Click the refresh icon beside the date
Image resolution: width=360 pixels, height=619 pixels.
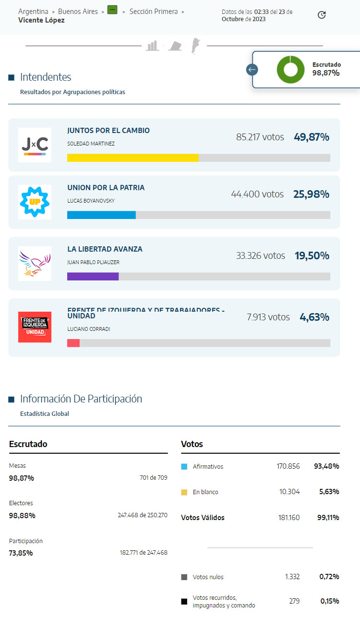pyautogui.click(x=322, y=15)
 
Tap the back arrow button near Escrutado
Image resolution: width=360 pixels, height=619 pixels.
pyautogui.click(x=252, y=70)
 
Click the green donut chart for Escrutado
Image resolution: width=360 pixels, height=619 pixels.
pyautogui.click(x=290, y=70)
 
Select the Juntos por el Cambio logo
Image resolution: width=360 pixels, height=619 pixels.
pyautogui.click(x=35, y=145)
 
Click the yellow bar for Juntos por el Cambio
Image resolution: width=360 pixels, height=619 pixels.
pyautogui.click(x=132, y=158)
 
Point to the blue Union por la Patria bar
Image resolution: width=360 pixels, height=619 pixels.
pyautogui.click(x=101, y=215)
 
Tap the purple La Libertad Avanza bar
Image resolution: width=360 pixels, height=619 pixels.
pyautogui.click(x=93, y=277)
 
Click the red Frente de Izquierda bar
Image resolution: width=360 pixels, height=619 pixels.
pyautogui.click(x=73, y=343)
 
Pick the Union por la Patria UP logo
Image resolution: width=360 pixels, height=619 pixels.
pyautogui.click(x=35, y=202)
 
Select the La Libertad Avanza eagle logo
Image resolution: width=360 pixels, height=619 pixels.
pyautogui.click(x=35, y=263)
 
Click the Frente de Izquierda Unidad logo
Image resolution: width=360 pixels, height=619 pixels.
pyautogui.click(x=35, y=327)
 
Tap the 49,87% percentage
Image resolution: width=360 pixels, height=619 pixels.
pyautogui.click(x=312, y=137)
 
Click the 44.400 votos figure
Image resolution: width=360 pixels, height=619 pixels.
pyautogui.click(x=257, y=194)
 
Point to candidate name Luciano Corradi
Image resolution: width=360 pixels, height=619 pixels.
pyautogui.click(x=89, y=329)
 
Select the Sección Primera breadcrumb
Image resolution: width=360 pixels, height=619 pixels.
pyautogui.click(x=154, y=12)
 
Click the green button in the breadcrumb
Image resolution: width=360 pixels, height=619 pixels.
pyautogui.click(x=112, y=10)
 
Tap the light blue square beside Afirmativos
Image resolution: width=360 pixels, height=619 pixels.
pyautogui.click(x=184, y=466)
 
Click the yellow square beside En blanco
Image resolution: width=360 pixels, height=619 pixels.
pyautogui.click(x=184, y=492)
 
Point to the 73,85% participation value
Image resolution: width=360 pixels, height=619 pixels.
pyautogui.click(x=21, y=553)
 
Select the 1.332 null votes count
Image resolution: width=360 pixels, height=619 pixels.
pyautogui.click(x=292, y=577)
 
